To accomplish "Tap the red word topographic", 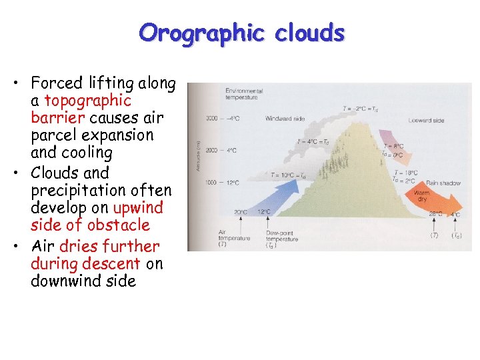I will [88, 101].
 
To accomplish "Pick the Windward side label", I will [285, 119].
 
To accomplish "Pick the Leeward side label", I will [429, 121].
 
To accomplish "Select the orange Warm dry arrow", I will [433, 199].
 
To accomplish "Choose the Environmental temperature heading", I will [244, 93].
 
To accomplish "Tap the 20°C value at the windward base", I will [239, 212].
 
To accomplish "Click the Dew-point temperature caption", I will [281, 238].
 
